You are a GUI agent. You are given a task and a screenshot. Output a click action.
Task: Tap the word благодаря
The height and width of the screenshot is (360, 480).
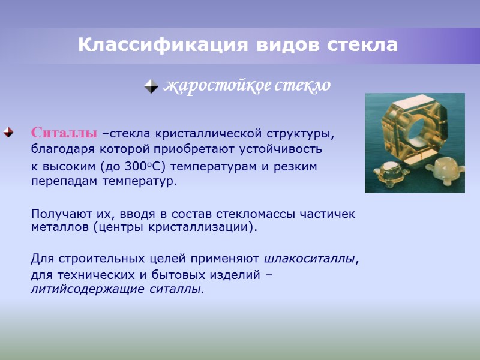[x=59, y=149]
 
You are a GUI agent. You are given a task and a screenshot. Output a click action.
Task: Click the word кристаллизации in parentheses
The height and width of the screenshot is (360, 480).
[x=204, y=227]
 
